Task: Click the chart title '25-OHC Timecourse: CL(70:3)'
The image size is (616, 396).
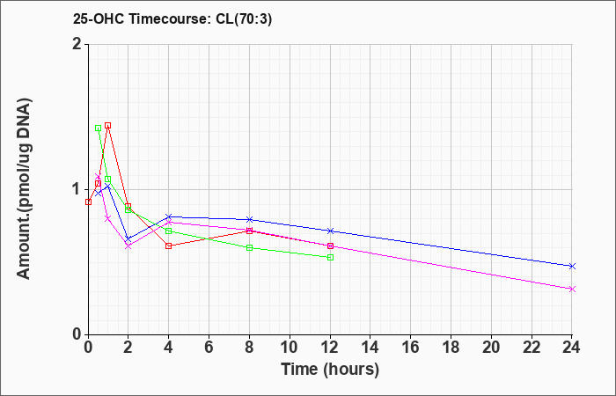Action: click(x=172, y=19)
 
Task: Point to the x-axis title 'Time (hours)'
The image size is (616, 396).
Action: click(x=330, y=370)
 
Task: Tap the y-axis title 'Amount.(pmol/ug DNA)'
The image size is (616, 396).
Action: click(x=25, y=189)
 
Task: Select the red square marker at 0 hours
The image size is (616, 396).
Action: click(x=88, y=202)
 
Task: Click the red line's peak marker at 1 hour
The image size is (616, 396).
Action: click(x=107, y=126)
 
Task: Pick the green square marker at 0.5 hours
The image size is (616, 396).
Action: click(x=99, y=128)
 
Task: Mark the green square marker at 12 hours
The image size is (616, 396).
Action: click(x=330, y=257)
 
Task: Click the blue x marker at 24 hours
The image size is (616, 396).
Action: click(x=572, y=267)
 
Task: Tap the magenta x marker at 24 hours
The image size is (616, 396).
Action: click(x=572, y=290)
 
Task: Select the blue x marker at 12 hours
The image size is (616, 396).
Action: click(x=330, y=231)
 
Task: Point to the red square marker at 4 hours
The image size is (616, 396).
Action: click(x=169, y=246)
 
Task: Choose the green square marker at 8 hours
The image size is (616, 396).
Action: click(x=249, y=248)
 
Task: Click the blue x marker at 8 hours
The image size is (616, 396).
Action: click(x=249, y=219)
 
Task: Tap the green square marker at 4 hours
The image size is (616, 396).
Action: click(x=169, y=231)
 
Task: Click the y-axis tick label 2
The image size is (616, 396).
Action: click(x=77, y=44)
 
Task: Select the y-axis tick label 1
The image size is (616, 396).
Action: click(x=77, y=190)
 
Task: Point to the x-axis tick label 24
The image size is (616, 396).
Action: click(x=572, y=348)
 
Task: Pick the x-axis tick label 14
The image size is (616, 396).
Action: click(x=370, y=348)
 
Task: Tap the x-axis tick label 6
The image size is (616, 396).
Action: click(x=209, y=348)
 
